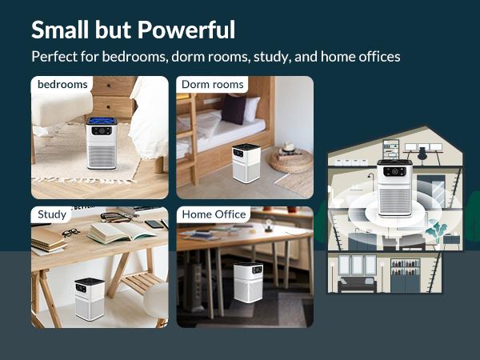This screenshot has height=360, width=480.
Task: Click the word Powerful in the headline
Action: [186, 30]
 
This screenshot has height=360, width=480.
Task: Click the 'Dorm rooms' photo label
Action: [211, 84]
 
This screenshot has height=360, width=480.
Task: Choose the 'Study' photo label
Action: [52, 214]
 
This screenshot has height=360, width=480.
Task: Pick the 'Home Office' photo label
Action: [214, 214]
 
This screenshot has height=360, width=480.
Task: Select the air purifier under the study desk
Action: [90, 298]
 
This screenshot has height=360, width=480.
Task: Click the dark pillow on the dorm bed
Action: [234, 110]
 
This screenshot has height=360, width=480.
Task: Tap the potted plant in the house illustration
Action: [437, 233]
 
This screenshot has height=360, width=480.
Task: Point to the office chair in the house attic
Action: [422, 151]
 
